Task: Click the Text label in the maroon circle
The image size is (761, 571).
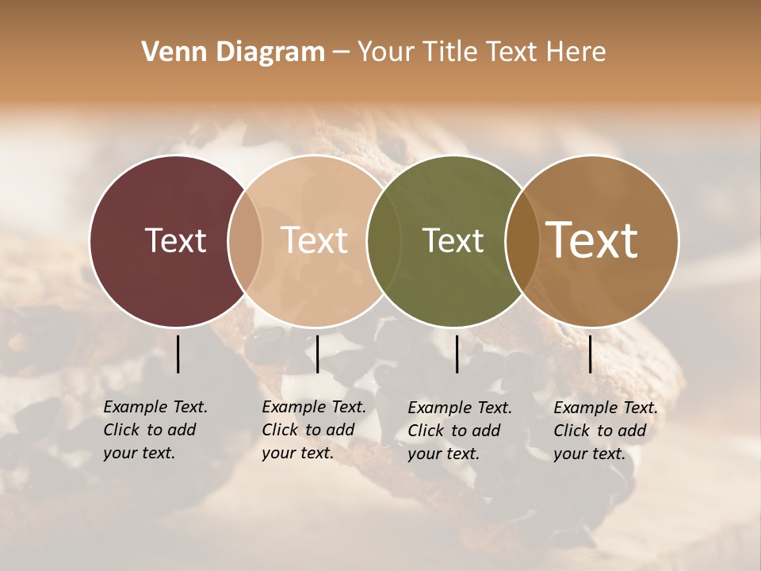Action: pyautogui.click(x=175, y=240)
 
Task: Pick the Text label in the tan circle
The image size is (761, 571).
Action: pyautogui.click(x=314, y=240)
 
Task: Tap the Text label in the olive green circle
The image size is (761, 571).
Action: pyautogui.click(x=453, y=240)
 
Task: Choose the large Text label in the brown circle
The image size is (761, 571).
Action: pyautogui.click(x=592, y=240)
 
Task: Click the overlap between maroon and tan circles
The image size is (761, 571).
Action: pyautogui.click(x=245, y=240)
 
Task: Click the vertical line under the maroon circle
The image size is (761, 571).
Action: pyautogui.click(x=178, y=354)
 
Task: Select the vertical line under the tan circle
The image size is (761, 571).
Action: pyautogui.click(x=317, y=354)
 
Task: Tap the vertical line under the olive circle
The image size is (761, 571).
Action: pyautogui.click(x=457, y=354)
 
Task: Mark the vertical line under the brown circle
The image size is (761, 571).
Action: pyautogui.click(x=590, y=354)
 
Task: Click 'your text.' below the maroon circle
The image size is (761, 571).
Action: pyautogui.click(x=140, y=454)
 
